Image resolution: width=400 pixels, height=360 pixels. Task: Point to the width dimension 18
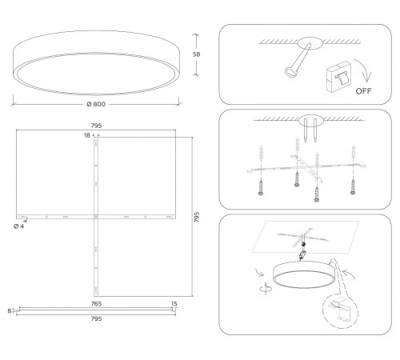tap(86, 137)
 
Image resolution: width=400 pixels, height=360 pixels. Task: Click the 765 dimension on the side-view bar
tap(95, 304)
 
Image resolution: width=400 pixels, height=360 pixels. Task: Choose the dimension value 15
tap(174, 304)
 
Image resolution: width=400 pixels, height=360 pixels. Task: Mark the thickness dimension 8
tap(9, 310)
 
